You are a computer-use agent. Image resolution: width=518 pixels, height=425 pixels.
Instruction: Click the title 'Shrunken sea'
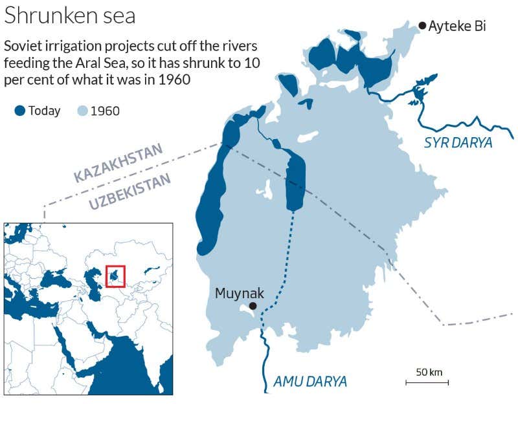tap(70, 16)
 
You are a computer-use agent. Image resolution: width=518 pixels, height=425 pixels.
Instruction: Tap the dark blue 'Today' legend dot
tap(19, 111)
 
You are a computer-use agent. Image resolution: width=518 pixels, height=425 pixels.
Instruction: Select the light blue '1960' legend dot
tap(82, 111)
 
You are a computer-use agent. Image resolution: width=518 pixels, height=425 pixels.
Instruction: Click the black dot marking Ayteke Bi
tap(422, 26)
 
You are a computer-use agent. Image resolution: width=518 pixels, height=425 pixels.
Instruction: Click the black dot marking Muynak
tap(253, 306)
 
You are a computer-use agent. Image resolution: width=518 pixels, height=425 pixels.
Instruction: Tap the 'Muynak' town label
tap(240, 294)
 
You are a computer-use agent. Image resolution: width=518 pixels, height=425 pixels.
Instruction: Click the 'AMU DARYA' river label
tap(310, 382)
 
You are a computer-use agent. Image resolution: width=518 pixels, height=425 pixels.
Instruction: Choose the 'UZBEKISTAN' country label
tap(129, 192)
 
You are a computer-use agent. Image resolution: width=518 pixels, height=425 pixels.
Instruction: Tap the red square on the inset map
tap(115, 276)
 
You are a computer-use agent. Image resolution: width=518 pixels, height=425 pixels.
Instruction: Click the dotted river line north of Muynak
tap(286, 259)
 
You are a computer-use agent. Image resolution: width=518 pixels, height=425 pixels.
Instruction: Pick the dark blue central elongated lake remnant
tap(295, 181)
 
